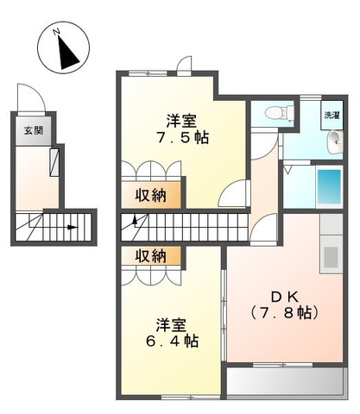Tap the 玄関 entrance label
(34, 130)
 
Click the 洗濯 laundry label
(332, 116)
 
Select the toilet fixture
(280, 112)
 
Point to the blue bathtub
(329, 186)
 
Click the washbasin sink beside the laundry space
(335, 142)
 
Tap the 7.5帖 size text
(182, 138)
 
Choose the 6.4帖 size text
(172, 341)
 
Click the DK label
(285, 297)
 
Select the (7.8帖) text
(285, 312)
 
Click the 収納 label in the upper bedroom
(151, 196)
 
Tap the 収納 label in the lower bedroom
(151, 256)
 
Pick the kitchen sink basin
(331, 257)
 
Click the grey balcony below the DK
(287, 380)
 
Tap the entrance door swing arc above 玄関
(31, 97)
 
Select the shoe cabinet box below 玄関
(54, 162)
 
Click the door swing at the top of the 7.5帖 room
(184, 65)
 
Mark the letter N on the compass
(57, 31)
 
